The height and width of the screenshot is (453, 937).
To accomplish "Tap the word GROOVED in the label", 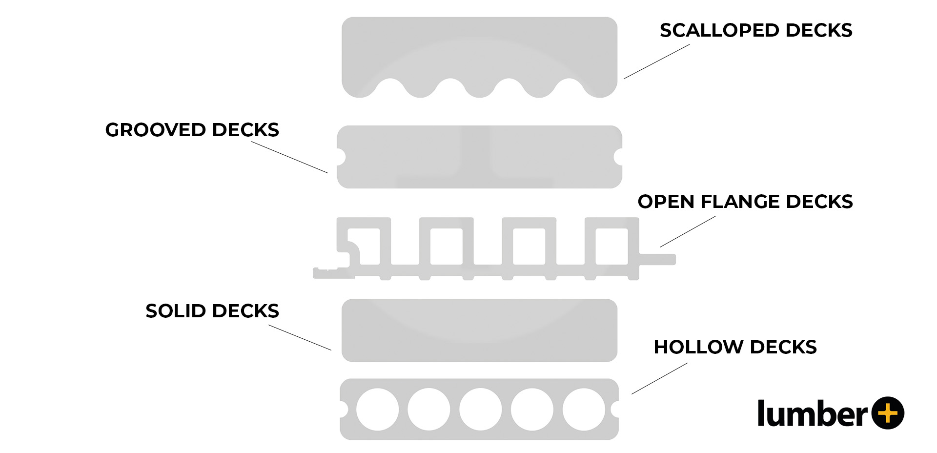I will coord(156,130).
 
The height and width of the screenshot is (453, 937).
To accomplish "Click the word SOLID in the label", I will coord(176,311).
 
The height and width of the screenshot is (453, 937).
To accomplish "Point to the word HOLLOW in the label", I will coord(699,347).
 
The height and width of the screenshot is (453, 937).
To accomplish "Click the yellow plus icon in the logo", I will coord(888,413).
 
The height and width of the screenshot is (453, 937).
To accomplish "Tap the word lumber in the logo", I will coord(812,413).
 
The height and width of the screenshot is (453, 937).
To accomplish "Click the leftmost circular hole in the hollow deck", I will coord(377,409).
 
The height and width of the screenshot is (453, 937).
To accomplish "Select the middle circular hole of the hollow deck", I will coord(480,409).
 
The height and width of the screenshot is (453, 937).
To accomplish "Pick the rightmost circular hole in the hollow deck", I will coord(583,409).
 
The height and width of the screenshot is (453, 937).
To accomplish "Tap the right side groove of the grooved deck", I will coord(618,157).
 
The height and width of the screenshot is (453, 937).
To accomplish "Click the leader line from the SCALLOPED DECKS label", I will coord(656,62).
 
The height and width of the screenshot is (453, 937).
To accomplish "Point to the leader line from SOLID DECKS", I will coord(300,338).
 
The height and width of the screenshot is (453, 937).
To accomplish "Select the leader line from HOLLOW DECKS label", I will coord(659,378).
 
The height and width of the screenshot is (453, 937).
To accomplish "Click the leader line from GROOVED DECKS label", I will coord(289,157).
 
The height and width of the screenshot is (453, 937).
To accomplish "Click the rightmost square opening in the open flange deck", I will coord(611,246).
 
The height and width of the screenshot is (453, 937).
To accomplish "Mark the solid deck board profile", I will coord(479,330).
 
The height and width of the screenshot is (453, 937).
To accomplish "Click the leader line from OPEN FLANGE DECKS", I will coord(688,231).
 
